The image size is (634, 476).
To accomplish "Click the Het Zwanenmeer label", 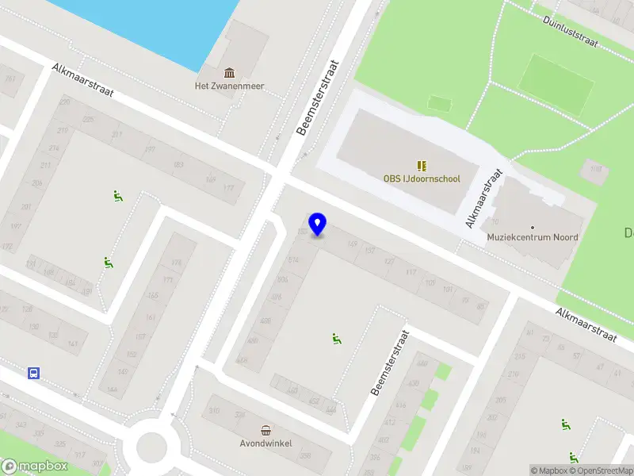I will point(230,86).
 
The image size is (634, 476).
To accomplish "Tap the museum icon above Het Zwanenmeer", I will point(230,74).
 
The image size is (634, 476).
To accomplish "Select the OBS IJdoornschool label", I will point(421,179).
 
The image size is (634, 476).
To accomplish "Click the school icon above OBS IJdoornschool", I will point(421,166).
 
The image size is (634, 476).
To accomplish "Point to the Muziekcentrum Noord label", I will point(533,237).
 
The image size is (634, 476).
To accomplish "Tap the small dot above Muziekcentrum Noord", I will point(533,227).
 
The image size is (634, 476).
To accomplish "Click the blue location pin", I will point(318,224).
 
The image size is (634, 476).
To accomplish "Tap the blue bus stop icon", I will point(34,373).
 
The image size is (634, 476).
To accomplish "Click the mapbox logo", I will point(33,466).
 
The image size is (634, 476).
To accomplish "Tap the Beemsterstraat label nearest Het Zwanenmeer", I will point(317,98).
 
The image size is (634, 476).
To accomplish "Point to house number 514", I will point(294,260).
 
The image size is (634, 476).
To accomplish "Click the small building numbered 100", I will point(595,169).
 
